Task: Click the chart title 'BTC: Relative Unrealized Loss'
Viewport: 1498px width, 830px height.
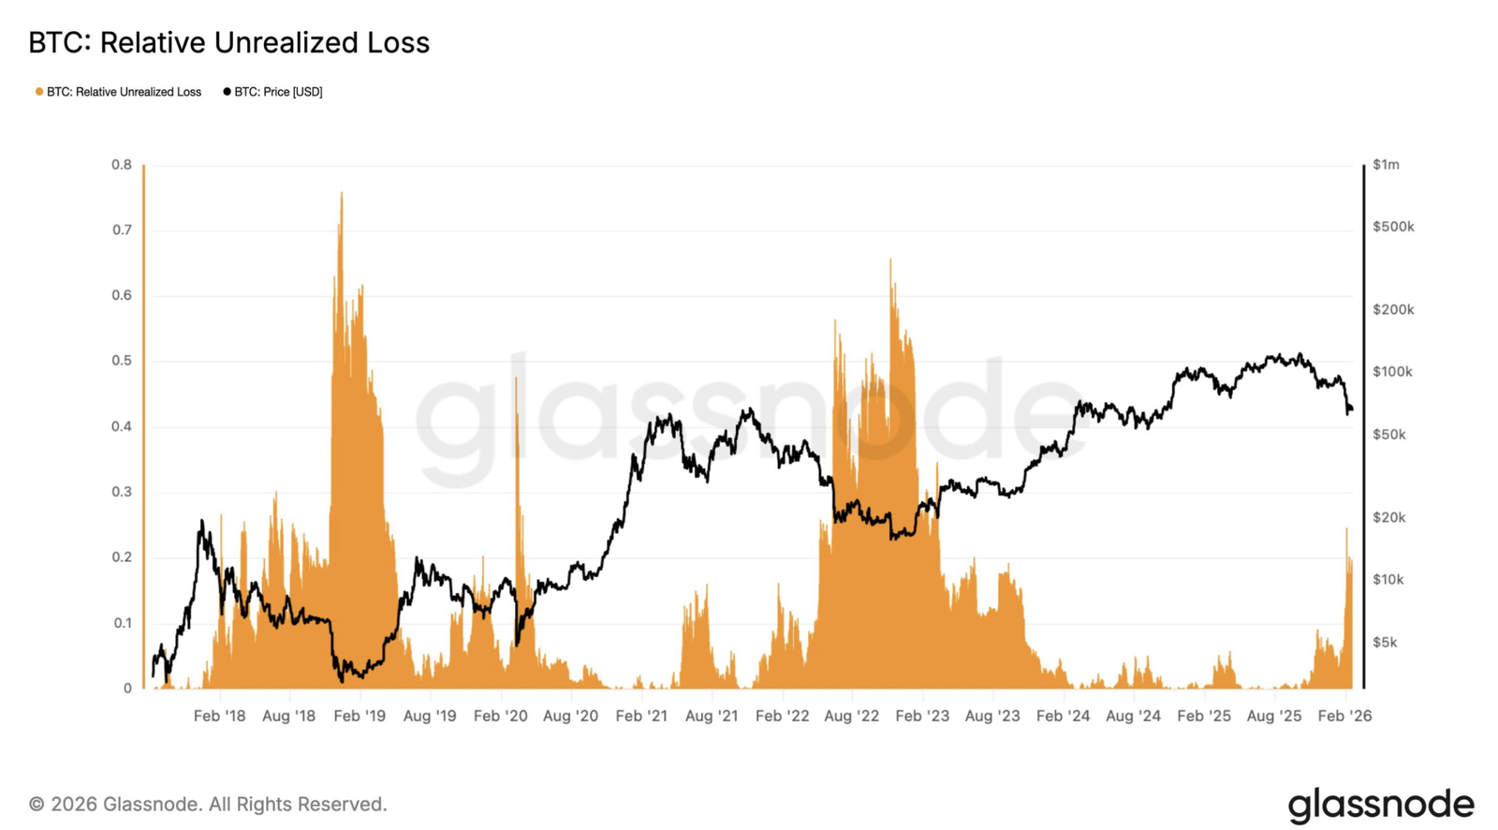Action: click(228, 43)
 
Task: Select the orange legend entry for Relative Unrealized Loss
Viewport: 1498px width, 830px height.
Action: click(118, 92)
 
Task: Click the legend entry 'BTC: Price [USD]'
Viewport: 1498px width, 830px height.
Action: click(272, 92)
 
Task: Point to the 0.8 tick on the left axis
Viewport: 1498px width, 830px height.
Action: click(122, 165)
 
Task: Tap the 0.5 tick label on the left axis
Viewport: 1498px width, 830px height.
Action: click(122, 361)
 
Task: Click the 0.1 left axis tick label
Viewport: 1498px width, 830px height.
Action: click(122, 623)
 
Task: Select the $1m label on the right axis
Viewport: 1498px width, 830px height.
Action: click(1386, 165)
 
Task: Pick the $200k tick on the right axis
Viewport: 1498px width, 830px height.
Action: click(1392, 310)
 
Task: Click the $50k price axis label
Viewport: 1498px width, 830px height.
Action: click(1388, 435)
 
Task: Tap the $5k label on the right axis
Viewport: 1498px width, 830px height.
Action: click(1385, 643)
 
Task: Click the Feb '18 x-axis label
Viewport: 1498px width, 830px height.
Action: click(219, 716)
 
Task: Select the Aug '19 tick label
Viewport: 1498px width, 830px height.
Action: click(430, 716)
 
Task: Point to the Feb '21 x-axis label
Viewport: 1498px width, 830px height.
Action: click(641, 716)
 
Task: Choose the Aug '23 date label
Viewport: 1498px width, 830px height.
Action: click(992, 716)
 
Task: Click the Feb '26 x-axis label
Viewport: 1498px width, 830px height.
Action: click(1344, 716)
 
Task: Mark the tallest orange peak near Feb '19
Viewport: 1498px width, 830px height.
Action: click(341, 194)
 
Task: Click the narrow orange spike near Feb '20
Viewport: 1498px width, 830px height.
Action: click(516, 379)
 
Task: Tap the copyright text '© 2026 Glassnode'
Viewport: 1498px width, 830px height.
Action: click(207, 804)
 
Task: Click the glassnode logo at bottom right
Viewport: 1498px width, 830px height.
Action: click(1380, 805)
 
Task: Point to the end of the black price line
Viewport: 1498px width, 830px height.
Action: click(1351, 408)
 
